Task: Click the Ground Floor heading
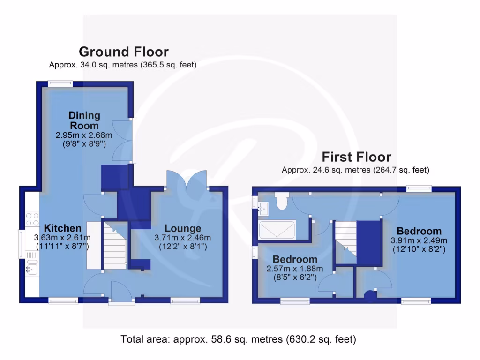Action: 123,52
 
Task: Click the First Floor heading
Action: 356,157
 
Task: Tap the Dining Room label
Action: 84,120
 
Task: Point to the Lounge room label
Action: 182,229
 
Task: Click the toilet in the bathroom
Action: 282,201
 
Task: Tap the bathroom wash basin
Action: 263,207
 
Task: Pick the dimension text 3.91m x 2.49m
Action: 419,240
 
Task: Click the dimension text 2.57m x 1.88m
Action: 295,269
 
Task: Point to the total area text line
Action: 239,338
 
